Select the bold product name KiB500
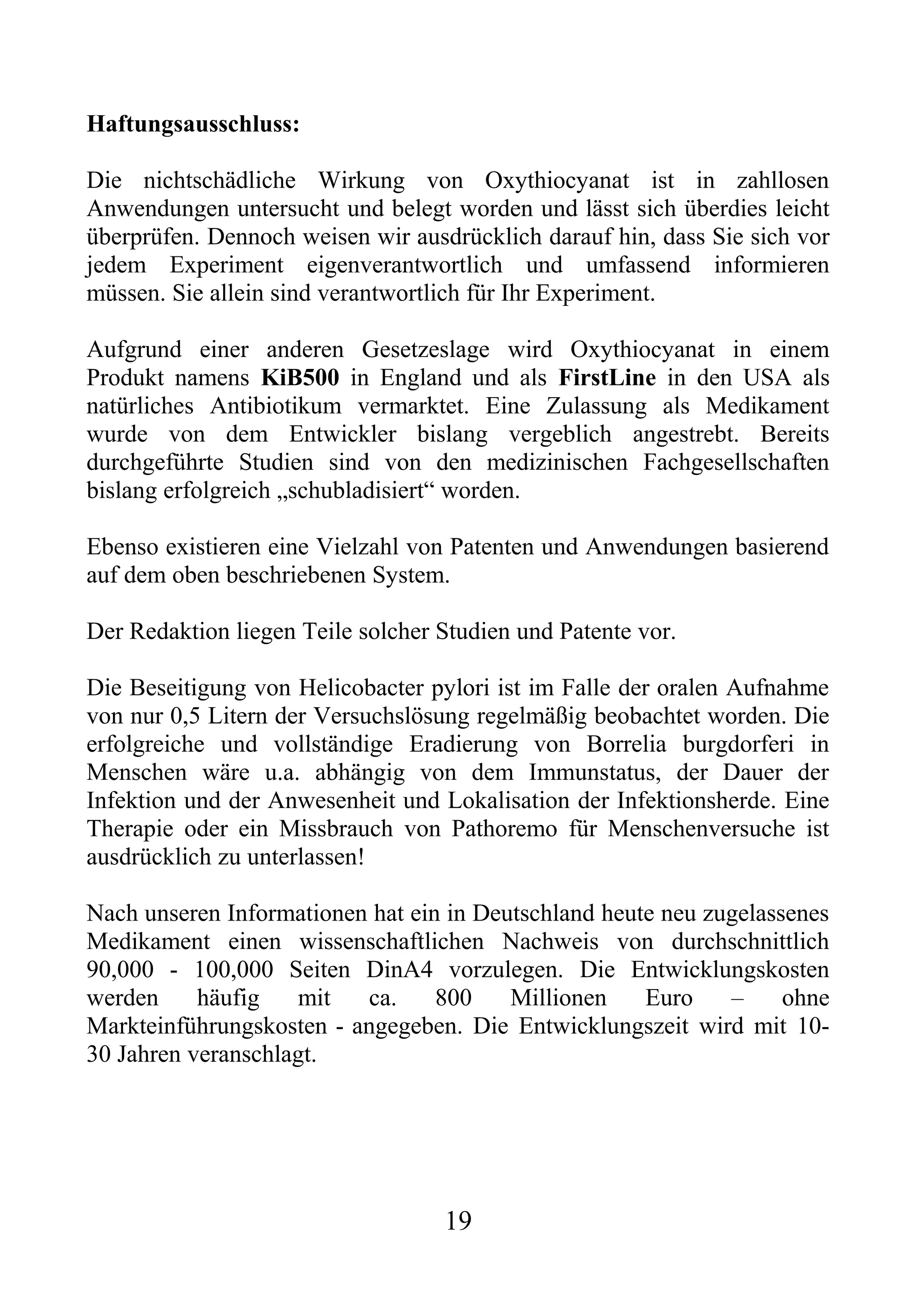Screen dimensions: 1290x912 (x=300, y=377)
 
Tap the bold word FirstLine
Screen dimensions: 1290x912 (x=607, y=377)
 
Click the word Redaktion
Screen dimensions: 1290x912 (x=180, y=632)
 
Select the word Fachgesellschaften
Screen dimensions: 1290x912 (x=736, y=462)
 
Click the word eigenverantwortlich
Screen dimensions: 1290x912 (x=405, y=265)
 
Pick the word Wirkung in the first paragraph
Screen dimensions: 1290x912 (x=361, y=181)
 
